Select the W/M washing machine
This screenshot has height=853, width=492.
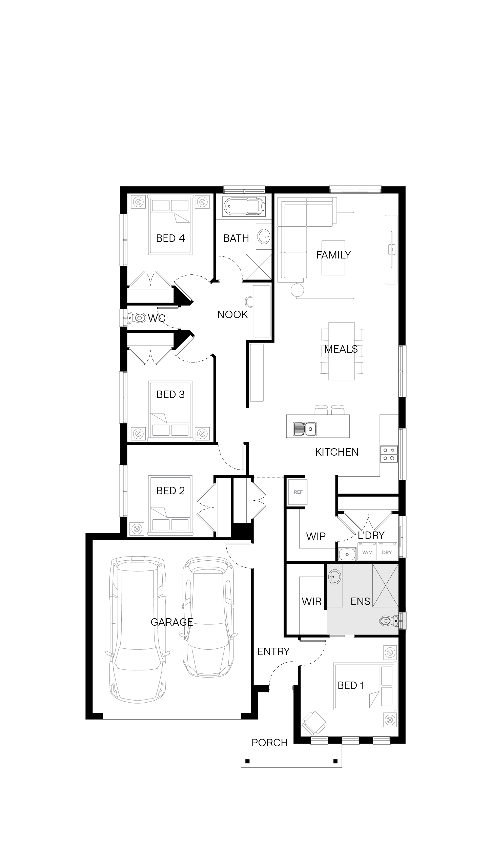367,552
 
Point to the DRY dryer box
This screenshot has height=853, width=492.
387,552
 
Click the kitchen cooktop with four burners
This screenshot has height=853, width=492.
389,454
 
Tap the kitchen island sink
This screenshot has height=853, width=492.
305,429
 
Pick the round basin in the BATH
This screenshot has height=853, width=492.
264,236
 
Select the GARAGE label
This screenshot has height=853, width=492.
172,622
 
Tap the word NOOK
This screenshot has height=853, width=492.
232,315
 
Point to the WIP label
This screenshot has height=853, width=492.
316,536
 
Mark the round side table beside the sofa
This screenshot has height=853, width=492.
297,290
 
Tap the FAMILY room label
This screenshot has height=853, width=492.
333,255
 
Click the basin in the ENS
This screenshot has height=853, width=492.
335,577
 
